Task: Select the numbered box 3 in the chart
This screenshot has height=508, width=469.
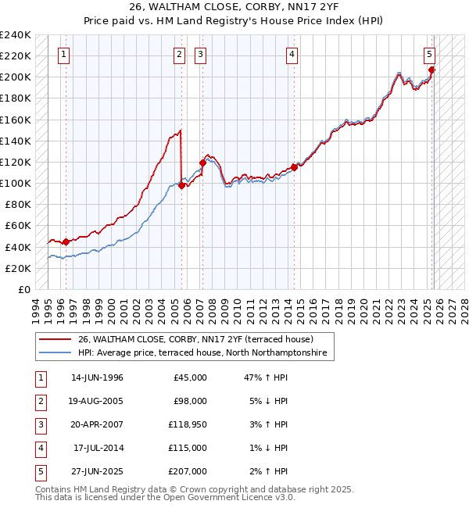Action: [201, 55]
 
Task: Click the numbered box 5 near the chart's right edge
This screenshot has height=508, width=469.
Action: [430, 55]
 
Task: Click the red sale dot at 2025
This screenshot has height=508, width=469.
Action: [432, 70]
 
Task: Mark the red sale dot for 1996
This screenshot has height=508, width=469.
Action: [66, 241]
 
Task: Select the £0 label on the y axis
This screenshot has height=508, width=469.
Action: [23, 289]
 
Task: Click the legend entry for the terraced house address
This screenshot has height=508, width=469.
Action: [195, 339]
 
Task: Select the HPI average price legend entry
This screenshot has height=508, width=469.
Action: [206, 353]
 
